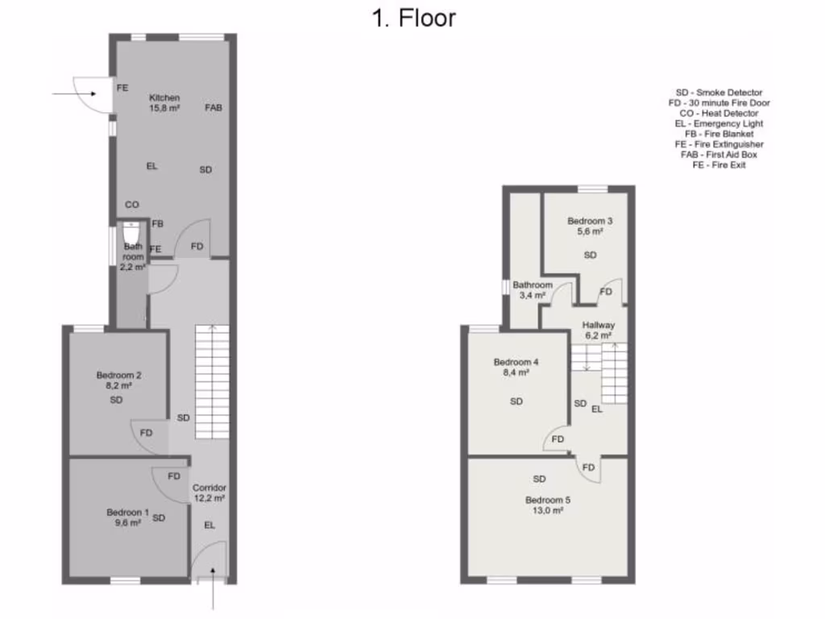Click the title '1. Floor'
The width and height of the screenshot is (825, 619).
[x=412, y=18]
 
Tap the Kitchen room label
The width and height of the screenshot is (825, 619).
[x=164, y=98]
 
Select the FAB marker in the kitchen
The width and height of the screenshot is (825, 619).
[x=214, y=107]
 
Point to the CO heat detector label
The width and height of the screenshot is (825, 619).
[x=132, y=205]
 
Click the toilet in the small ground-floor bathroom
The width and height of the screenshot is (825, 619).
[x=131, y=233]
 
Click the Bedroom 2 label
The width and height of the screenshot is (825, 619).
[x=119, y=375]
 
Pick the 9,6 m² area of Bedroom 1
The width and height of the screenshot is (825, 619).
[x=129, y=522]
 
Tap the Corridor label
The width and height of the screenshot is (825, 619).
[x=209, y=488]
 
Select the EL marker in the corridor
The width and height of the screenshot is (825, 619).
[x=209, y=525]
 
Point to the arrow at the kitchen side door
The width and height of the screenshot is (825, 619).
[x=73, y=94]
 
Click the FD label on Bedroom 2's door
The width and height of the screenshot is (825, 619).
[x=146, y=433]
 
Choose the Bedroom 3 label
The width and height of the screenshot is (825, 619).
[x=590, y=221]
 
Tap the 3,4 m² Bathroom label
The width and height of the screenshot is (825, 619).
[x=533, y=295]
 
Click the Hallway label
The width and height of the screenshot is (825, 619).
[x=599, y=325]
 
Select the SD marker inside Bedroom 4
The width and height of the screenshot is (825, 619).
[x=516, y=401]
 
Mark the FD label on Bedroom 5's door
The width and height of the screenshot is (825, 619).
[x=589, y=467]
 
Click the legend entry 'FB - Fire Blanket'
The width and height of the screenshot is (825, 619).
[x=719, y=134]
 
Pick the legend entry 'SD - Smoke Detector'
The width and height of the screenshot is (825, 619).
[x=719, y=93]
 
